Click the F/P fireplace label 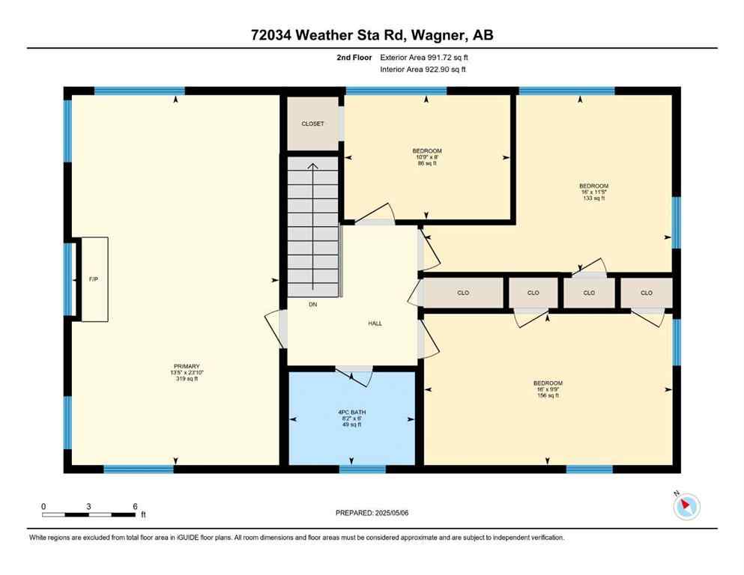94,279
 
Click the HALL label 375,323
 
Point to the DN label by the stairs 313,305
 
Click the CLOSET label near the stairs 312,124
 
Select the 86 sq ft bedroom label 427,156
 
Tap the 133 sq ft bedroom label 593,192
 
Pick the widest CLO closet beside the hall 463,293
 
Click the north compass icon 686,506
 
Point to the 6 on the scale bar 135,506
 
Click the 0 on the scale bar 43,506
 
